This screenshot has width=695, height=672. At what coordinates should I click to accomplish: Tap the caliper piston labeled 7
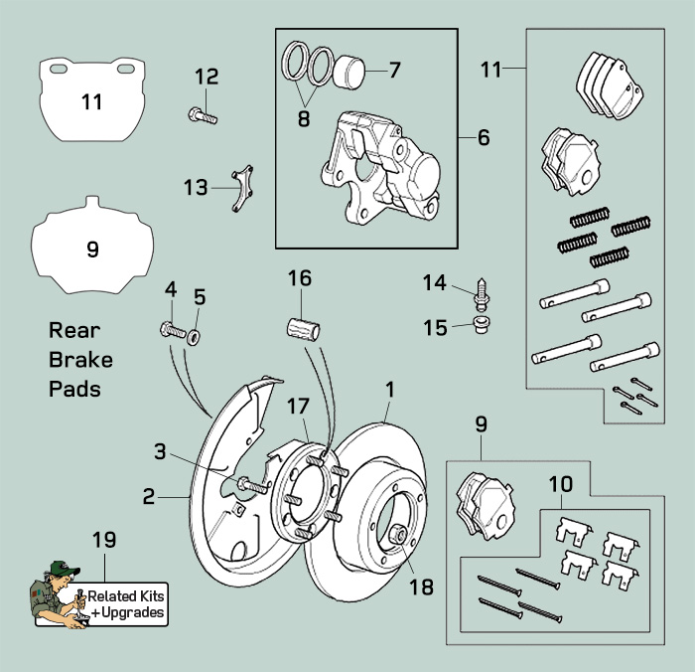click(348, 72)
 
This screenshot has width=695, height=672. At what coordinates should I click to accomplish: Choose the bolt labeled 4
click(170, 329)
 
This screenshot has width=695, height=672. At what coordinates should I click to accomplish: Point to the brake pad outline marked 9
click(91, 248)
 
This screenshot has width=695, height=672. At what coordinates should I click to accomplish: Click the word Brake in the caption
click(80, 359)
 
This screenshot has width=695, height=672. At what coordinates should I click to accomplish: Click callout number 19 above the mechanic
click(103, 540)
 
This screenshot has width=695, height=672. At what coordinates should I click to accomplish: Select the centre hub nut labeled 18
click(401, 535)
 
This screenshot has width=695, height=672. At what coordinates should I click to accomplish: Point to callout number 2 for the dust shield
click(148, 495)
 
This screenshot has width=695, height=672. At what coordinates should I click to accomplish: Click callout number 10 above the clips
click(560, 484)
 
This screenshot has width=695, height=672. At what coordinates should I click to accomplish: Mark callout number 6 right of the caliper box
click(483, 137)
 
